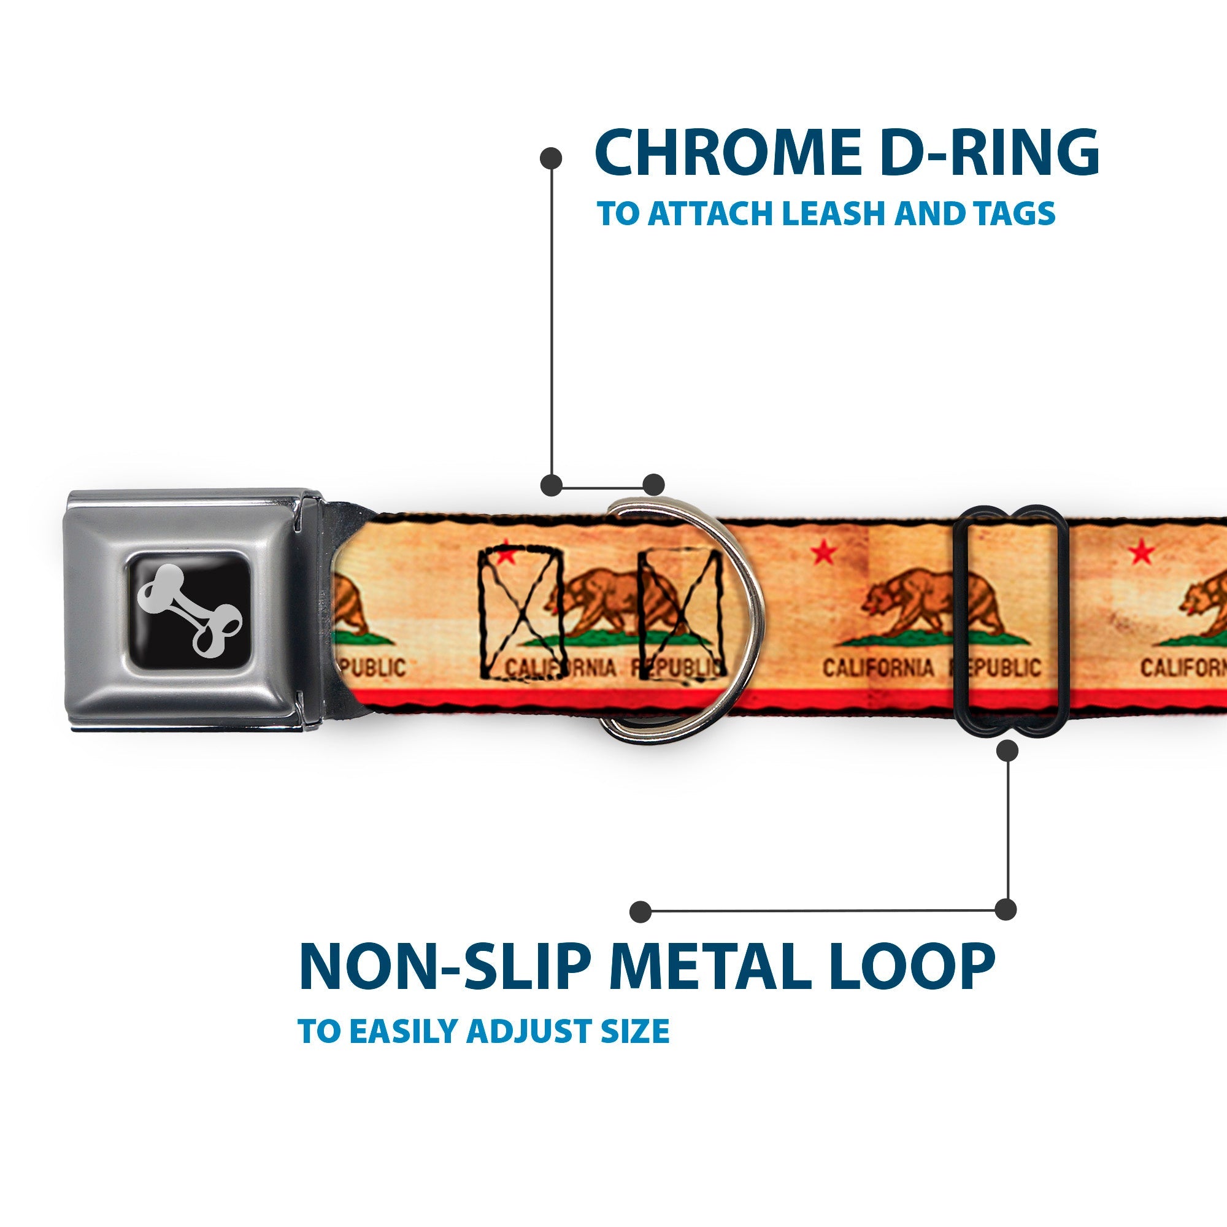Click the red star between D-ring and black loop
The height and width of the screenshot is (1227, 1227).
click(x=824, y=553)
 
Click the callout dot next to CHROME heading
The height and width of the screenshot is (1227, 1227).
click(x=551, y=158)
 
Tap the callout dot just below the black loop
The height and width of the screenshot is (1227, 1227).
click(x=1007, y=751)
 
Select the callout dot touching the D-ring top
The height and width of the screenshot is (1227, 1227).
click(x=653, y=484)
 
